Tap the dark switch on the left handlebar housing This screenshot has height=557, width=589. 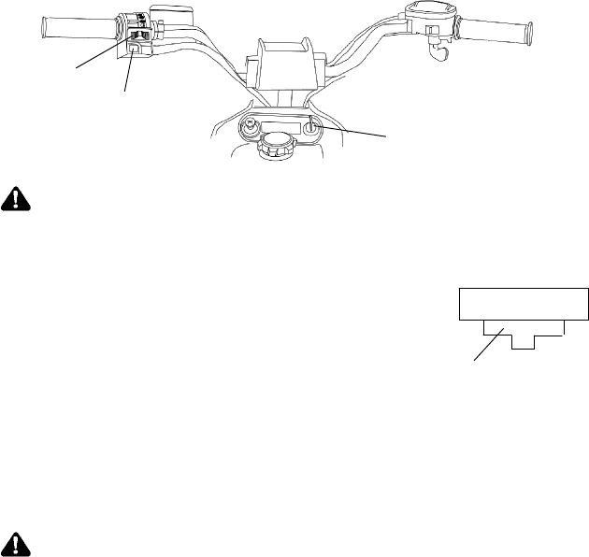coord(139,36)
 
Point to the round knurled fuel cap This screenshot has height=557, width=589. coord(276,143)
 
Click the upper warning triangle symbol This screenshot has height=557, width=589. coord(16,197)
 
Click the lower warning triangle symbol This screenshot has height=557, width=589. coord(16,544)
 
